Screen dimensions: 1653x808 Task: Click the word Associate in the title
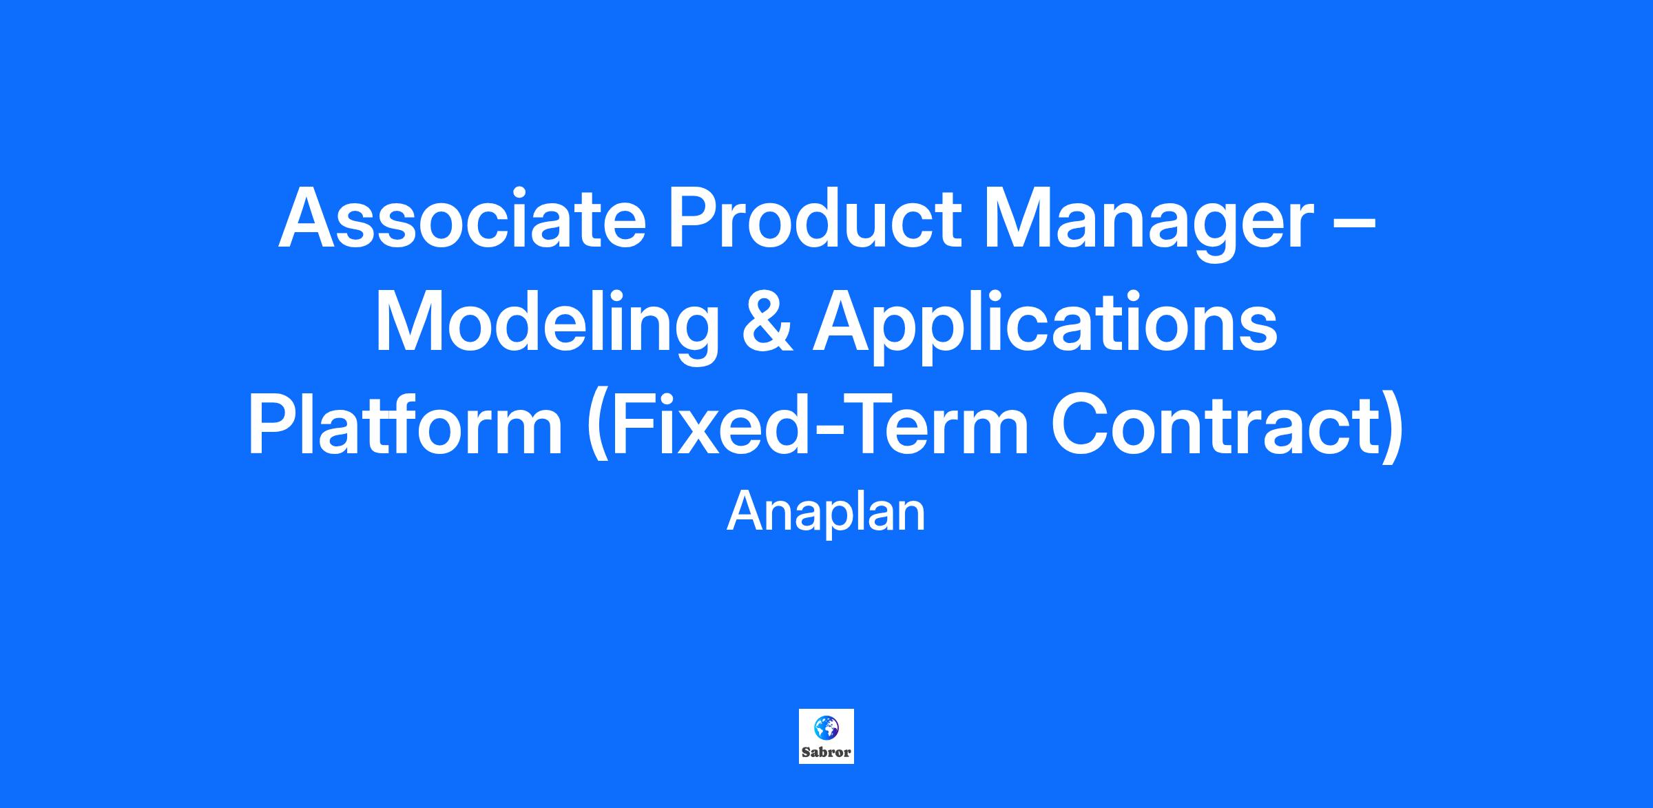[x=462, y=218]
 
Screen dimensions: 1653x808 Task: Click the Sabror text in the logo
[x=826, y=753]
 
